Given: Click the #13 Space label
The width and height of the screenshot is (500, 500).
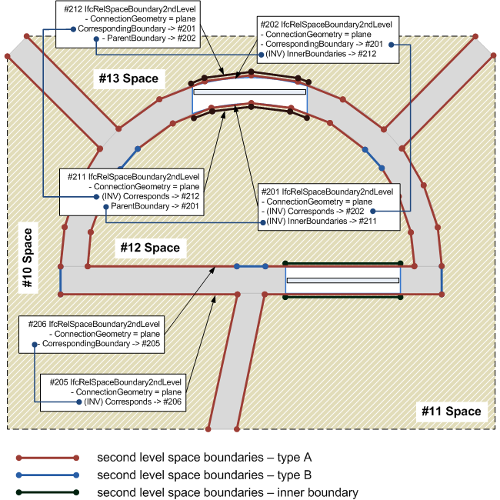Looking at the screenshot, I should pyautogui.click(x=128, y=78).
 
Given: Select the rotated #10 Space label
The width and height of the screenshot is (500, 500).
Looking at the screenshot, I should pyautogui.click(x=28, y=258).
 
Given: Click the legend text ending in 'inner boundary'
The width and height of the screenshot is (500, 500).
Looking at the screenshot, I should pyautogui.click(x=227, y=492).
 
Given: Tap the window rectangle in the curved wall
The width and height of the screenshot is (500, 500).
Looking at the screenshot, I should pyautogui.click(x=249, y=92).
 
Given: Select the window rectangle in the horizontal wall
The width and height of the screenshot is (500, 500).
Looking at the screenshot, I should pyautogui.click(x=342, y=281).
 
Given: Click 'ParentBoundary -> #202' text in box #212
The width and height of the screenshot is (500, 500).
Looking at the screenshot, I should pyautogui.click(x=151, y=38).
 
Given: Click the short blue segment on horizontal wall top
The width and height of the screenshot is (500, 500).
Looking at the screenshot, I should pyautogui.click(x=251, y=267).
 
